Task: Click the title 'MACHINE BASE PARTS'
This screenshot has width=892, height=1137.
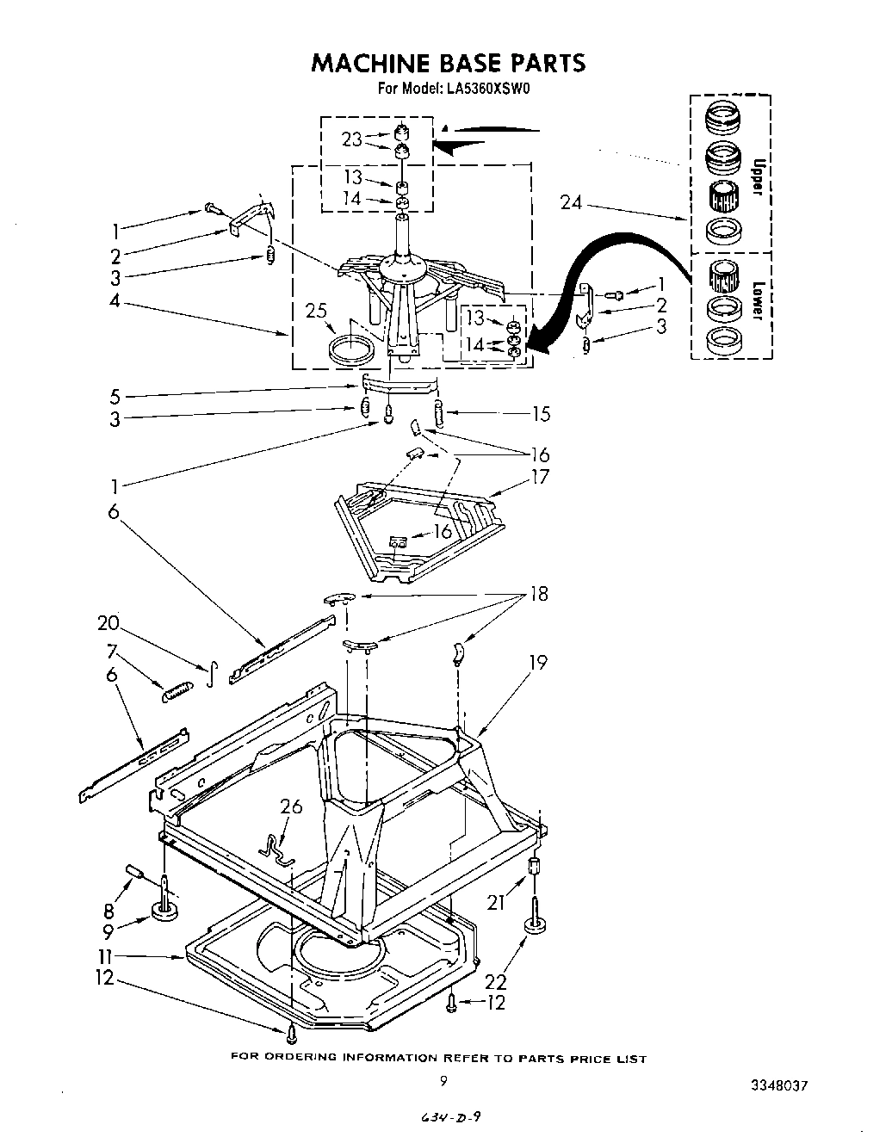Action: coord(447,63)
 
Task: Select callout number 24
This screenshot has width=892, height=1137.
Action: coord(571,203)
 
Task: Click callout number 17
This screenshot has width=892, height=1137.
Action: coord(540,476)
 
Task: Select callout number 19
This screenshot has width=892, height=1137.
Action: coord(538,663)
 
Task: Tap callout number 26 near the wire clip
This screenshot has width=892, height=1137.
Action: coord(291,806)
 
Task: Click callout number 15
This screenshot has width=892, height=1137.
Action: coord(540,414)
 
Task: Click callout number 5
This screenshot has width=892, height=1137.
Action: coord(115,397)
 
